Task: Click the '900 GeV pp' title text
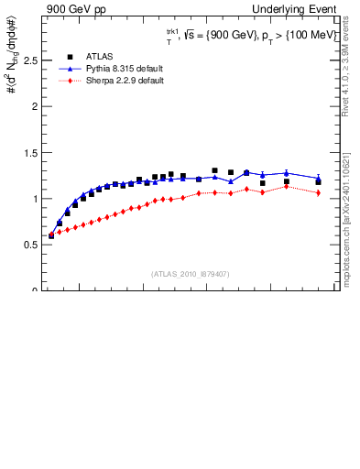point(76,9)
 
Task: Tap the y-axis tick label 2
point(35,106)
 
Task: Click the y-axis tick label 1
point(35,199)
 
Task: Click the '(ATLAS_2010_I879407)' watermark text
point(190,273)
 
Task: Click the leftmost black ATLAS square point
point(51,235)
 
